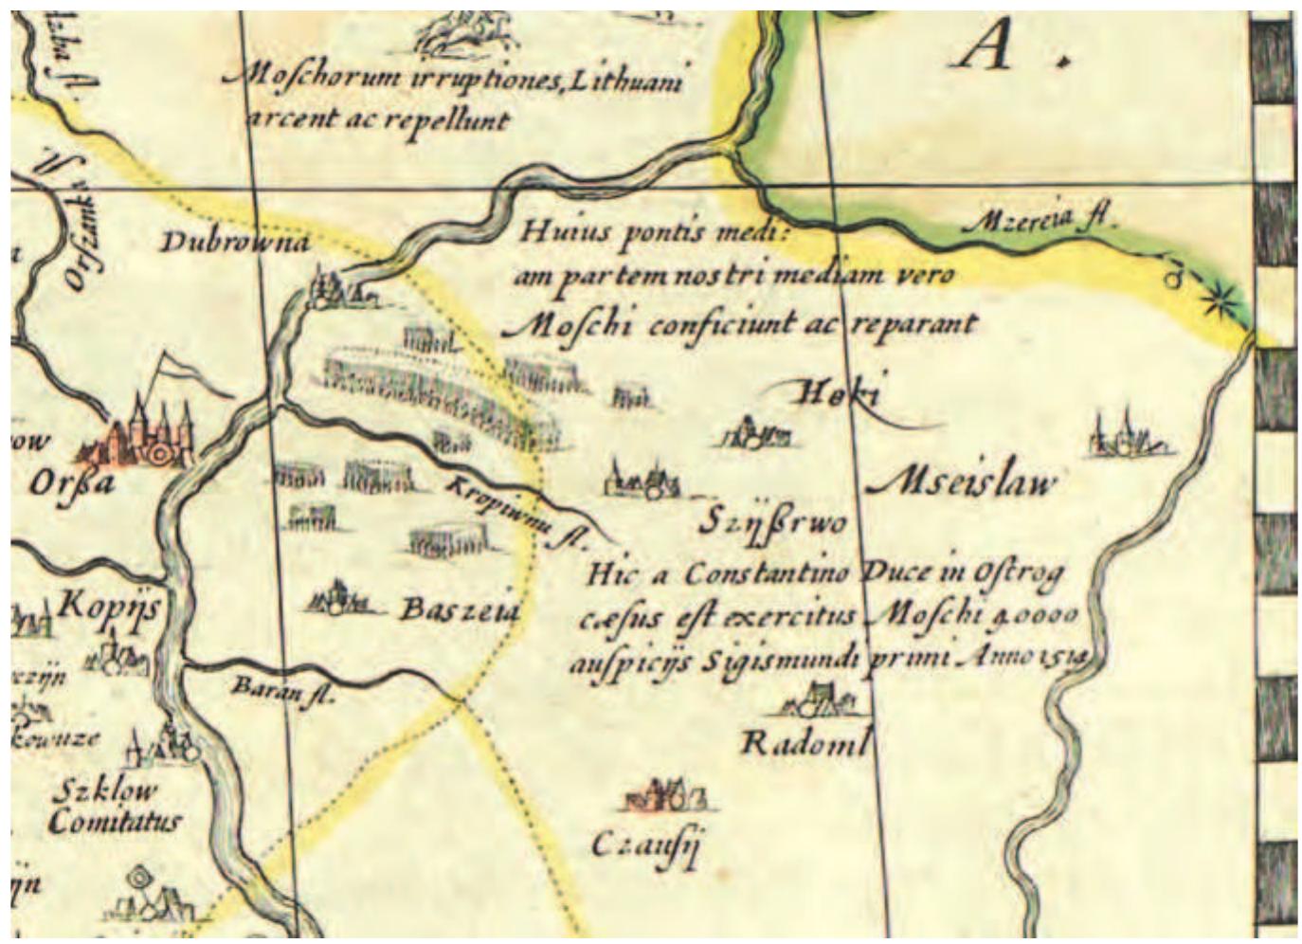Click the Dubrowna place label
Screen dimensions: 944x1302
pos(234,243)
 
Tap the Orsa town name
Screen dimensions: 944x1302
pos(71,483)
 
